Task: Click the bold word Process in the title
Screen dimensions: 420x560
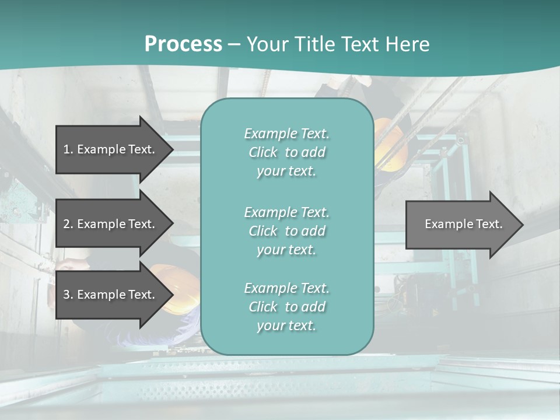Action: click(183, 44)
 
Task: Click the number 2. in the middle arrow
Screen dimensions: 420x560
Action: click(68, 224)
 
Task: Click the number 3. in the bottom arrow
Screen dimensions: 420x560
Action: click(68, 295)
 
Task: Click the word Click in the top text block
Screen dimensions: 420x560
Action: click(263, 152)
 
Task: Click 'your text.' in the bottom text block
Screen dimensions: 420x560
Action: click(286, 325)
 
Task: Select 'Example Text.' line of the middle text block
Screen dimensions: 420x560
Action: click(286, 212)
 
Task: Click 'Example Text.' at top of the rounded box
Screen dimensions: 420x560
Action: click(286, 134)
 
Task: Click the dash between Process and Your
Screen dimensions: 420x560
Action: click(235, 44)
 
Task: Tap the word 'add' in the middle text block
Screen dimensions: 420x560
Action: click(313, 231)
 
